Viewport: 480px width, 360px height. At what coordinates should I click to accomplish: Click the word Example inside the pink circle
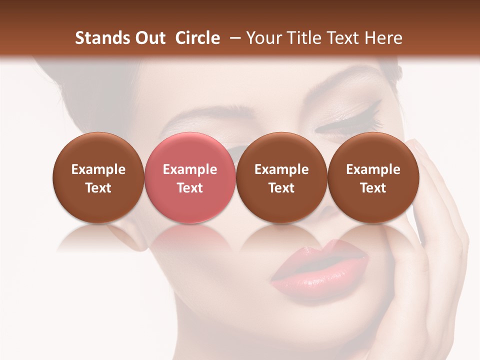coord(190,169)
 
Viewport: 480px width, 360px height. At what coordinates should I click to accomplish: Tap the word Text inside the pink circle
coord(190,188)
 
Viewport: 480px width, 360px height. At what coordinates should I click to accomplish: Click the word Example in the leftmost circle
coord(98,169)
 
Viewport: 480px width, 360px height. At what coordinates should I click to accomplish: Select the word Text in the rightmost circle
coord(373,188)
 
